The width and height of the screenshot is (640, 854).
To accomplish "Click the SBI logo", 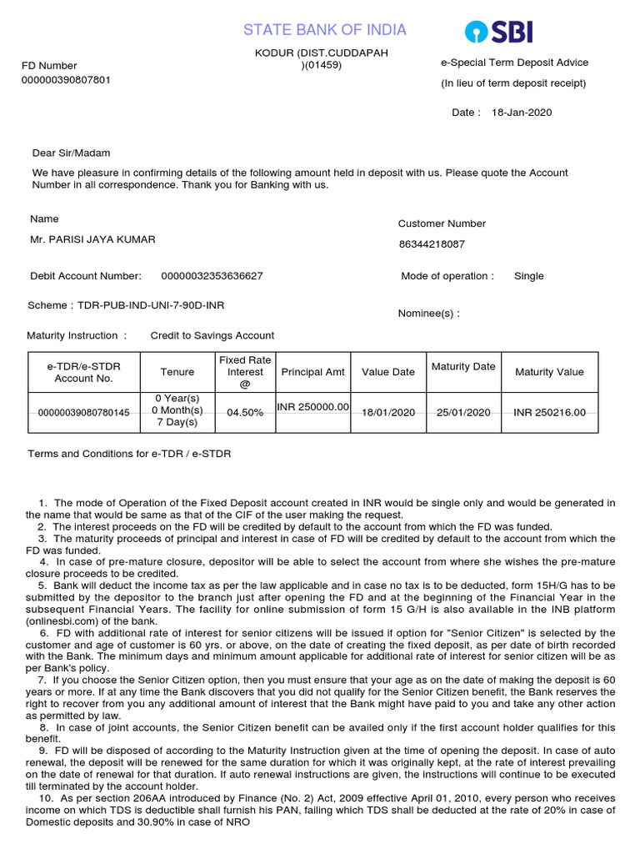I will tap(498, 33).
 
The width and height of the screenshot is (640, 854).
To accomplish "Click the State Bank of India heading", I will tap(325, 30).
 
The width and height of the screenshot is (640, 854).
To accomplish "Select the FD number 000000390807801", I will tap(66, 80).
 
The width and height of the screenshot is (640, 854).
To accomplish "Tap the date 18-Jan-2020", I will tap(522, 113).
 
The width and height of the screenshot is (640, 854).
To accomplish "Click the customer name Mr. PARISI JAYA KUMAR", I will tap(92, 239).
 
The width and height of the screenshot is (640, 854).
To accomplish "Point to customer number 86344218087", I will tap(432, 244).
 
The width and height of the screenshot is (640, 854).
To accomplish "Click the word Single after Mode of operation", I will tap(528, 276).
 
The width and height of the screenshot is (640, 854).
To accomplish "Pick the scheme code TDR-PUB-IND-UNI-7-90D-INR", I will tap(151, 305).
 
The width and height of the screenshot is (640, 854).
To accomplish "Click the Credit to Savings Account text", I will tap(212, 335).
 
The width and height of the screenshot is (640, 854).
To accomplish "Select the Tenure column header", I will tap(177, 372).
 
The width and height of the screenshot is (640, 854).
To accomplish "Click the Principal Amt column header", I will tap(313, 372).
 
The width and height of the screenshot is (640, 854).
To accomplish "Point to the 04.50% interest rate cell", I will tap(245, 412).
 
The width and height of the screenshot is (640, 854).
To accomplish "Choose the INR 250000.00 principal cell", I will tap(313, 406).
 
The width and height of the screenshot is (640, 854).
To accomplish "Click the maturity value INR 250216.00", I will tap(549, 412).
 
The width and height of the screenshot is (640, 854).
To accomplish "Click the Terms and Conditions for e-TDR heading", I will tap(129, 454).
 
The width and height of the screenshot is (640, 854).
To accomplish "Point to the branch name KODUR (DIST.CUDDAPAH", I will tap(322, 53).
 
